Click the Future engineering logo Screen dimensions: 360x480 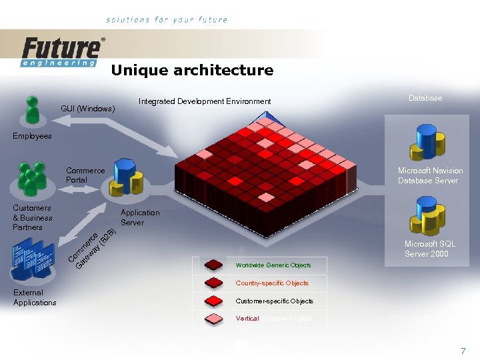62,52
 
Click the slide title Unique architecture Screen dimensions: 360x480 192,70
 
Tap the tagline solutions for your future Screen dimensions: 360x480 167,20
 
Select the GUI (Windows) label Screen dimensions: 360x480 87,108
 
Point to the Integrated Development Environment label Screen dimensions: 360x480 204,101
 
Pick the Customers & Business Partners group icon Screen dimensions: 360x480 30,178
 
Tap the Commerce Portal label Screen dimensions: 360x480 85,175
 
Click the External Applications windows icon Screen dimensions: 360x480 33,261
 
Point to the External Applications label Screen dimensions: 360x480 35,297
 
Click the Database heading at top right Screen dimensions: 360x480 425,98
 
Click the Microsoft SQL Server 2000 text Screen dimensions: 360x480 430,249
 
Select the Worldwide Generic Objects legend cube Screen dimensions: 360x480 214,265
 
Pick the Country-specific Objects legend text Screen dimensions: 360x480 272,283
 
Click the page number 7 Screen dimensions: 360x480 463,351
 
